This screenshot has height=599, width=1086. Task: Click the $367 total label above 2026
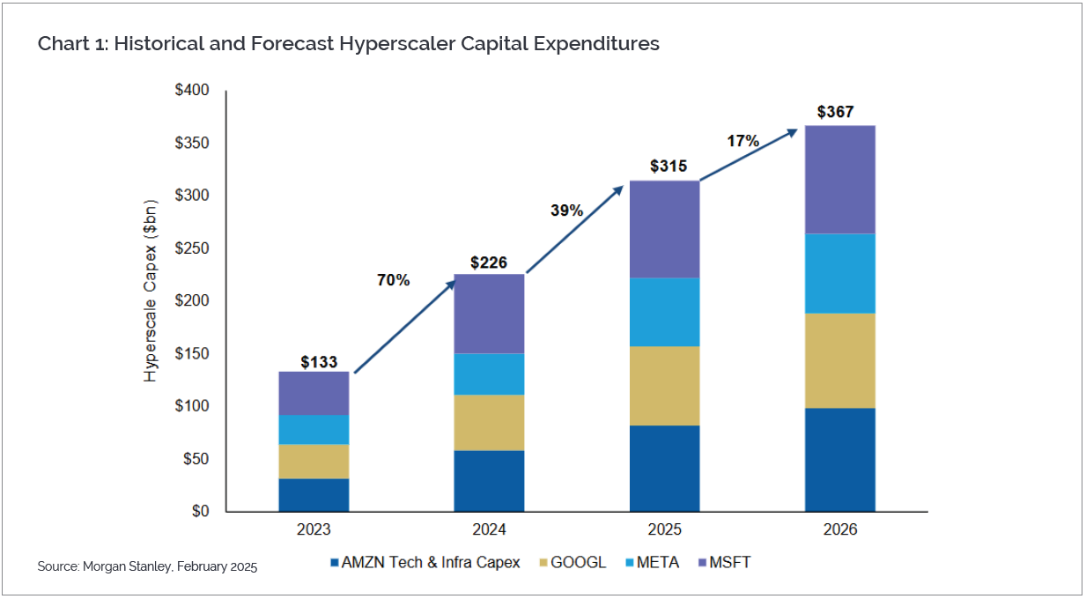(x=835, y=112)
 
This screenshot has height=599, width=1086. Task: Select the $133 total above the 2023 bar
(x=319, y=361)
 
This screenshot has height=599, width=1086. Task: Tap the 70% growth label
(x=394, y=280)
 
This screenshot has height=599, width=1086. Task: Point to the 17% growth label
(x=742, y=141)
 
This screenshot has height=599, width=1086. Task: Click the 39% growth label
(x=567, y=211)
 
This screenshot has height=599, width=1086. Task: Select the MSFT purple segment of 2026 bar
(x=839, y=180)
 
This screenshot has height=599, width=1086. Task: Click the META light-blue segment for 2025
(x=664, y=312)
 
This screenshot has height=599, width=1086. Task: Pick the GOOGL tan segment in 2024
(x=489, y=422)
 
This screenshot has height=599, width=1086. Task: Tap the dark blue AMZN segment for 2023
(x=314, y=494)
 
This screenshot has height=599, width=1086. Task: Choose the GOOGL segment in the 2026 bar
(x=839, y=360)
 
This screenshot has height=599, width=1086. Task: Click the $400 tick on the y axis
(x=192, y=91)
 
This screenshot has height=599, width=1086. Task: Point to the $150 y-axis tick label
(x=192, y=354)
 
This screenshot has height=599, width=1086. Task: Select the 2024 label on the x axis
(x=489, y=530)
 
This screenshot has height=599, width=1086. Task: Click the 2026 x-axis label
(x=839, y=530)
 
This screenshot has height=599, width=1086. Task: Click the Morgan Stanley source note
(x=147, y=566)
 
